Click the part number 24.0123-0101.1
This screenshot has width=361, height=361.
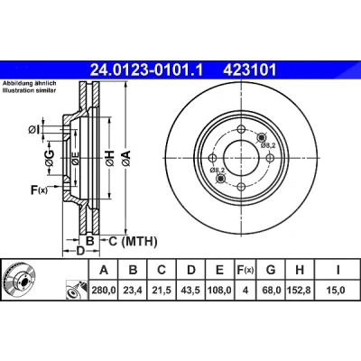click(x=147, y=70)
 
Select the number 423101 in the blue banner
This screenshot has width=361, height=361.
click(x=249, y=70)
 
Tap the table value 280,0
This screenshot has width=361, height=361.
click(x=104, y=291)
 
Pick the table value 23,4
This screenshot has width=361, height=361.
click(x=133, y=291)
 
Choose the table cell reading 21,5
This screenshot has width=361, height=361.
click(x=162, y=291)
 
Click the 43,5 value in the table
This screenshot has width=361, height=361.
click(x=191, y=291)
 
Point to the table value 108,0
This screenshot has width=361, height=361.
click(x=219, y=291)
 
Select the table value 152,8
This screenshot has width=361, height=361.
click(x=300, y=291)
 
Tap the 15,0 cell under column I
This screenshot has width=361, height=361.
click(x=338, y=291)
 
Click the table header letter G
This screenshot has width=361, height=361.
click(x=271, y=270)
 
